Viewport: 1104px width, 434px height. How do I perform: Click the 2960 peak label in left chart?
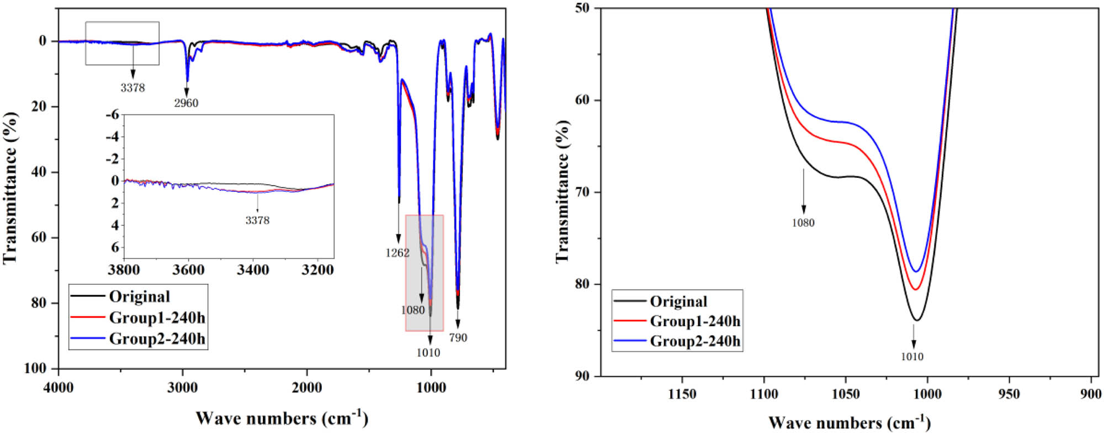(x=186, y=103)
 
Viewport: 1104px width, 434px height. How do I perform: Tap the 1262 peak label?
(x=397, y=253)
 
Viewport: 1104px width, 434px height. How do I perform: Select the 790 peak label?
(x=458, y=337)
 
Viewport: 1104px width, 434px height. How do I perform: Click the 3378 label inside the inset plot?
(x=257, y=220)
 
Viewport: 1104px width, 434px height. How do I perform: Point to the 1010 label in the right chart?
(x=912, y=357)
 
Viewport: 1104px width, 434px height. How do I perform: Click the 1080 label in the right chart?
(x=803, y=223)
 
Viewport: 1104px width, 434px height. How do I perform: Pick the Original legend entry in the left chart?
(x=139, y=297)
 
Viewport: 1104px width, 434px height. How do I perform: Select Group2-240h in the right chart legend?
(x=694, y=341)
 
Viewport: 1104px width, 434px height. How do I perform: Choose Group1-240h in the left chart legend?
(x=157, y=317)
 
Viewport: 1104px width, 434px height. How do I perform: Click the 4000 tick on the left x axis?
(x=58, y=388)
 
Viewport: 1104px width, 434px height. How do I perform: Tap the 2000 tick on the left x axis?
(x=307, y=388)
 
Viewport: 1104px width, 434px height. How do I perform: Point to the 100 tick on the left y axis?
(x=35, y=368)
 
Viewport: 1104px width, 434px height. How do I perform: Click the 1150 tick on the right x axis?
(x=682, y=394)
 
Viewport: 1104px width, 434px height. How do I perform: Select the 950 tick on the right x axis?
(x=1010, y=394)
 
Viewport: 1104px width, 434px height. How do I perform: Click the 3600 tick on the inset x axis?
(x=188, y=270)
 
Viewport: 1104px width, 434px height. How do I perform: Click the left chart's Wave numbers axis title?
(x=282, y=418)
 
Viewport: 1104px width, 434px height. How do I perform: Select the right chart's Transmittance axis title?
(x=562, y=192)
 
